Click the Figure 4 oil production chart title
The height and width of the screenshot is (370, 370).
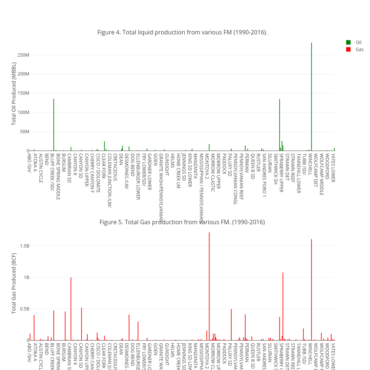pyautogui.click(x=182, y=33)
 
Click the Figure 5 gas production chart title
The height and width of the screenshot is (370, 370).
pyautogui.click(x=182, y=222)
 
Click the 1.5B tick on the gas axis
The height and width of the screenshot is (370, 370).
pyautogui.click(x=23, y=246)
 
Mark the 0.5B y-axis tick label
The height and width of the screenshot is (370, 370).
pyautogui.click(x=23, y=309)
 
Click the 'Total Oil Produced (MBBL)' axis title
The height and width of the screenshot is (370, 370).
pyautogui.click(x=14, y=94)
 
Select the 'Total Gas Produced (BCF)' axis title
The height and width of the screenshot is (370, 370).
pyautogui.click(x=14, y=283)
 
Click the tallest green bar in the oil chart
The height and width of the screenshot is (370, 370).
pyautogui.click(x=312, y=96)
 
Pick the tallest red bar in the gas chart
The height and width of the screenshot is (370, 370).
pyautogui.click(x=209, y=289)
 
